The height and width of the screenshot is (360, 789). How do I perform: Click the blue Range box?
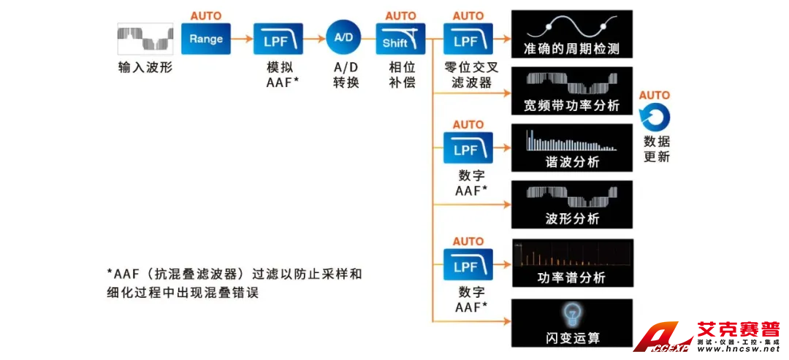(x=206, y=39)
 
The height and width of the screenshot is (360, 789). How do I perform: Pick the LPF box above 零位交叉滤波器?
(x=468, y=39)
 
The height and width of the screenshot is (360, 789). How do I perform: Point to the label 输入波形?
(x=145, y=68)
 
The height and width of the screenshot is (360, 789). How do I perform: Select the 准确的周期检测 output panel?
(x=571, y=34)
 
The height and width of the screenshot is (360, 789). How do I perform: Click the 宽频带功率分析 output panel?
(x=571, y=91)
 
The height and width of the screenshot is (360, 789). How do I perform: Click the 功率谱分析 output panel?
(x=571, y=262)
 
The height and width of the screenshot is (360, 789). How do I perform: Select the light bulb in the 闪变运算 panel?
(x=571, y=314)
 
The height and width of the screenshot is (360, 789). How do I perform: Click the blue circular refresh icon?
(x=655, y=118)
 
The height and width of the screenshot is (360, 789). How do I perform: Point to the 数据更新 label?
(x=656, y=149)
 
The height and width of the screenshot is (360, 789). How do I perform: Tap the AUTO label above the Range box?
(x=206, y=15)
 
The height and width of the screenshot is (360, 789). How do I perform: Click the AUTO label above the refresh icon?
(x=655, y=95)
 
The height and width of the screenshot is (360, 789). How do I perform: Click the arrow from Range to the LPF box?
(x=242, y=39)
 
